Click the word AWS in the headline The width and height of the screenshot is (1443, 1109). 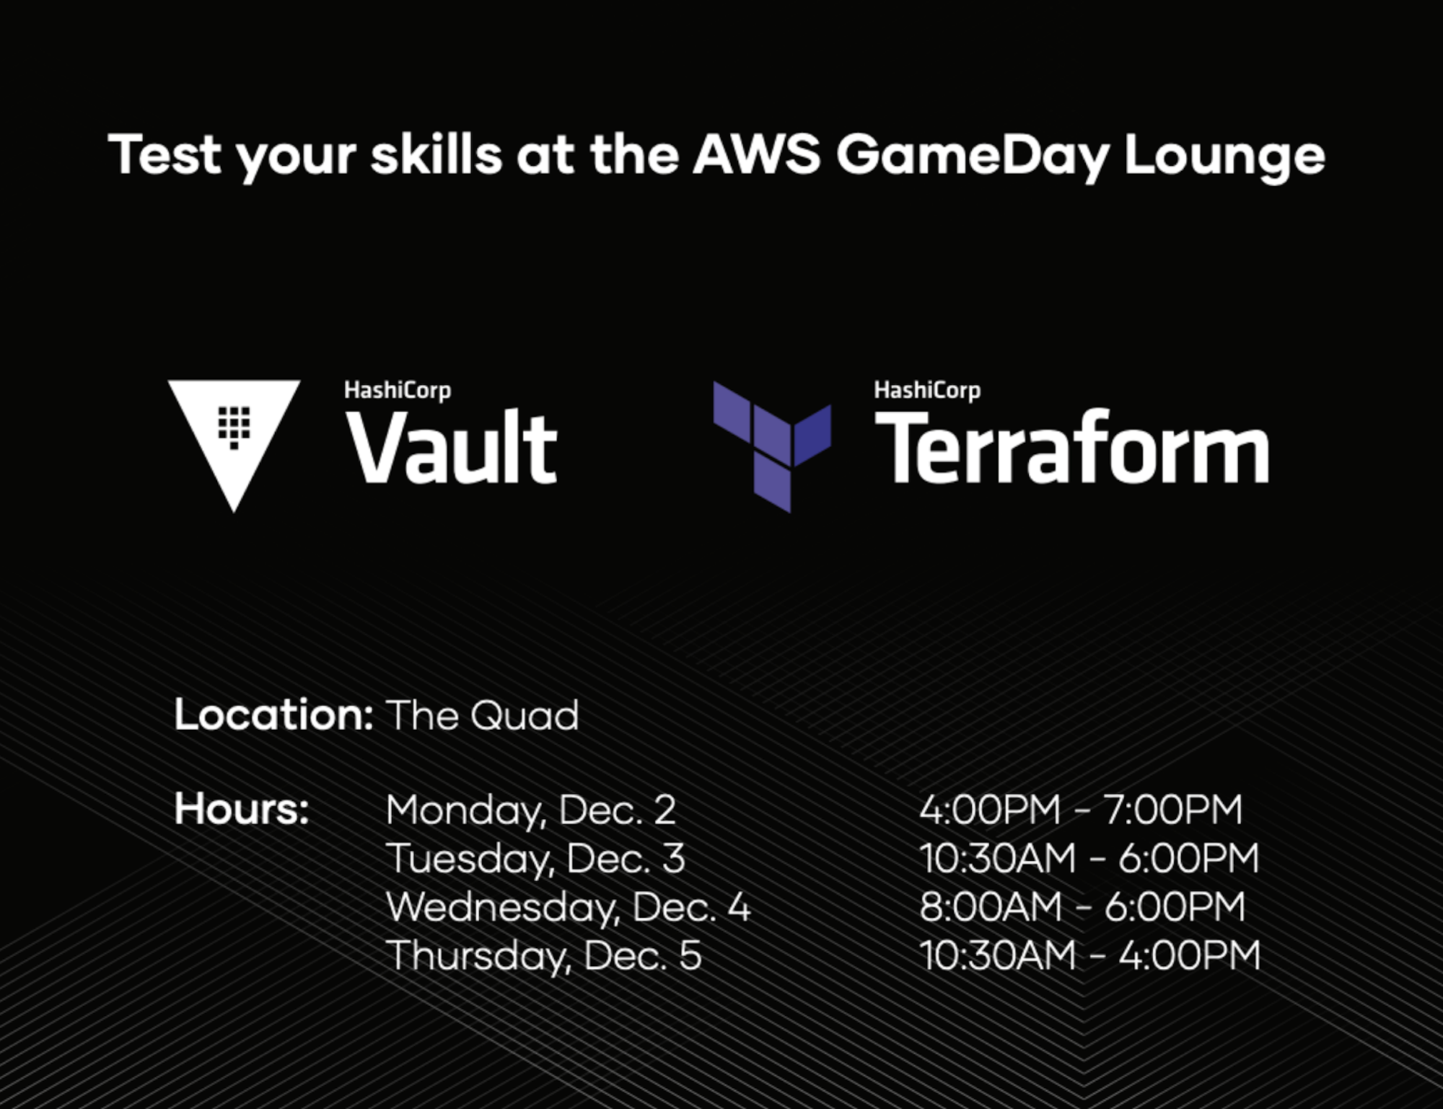pos(755,154)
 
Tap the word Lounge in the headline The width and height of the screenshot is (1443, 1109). pos(1224,157)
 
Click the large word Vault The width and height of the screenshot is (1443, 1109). pos(452,449)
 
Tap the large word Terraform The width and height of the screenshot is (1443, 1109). pos(1071,449)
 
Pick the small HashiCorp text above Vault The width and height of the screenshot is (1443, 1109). pos(397,390)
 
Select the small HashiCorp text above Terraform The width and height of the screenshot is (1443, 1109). pos(926,390)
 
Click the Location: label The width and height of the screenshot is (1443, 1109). pos(273,715)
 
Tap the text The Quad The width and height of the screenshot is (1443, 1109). pos(482,715)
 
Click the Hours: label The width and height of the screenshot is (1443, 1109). pos(242,808)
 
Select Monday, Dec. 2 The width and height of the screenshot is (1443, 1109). pos(531,810)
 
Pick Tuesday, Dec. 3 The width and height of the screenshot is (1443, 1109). pos(535,859)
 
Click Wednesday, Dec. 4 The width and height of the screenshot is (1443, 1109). pos(569,907)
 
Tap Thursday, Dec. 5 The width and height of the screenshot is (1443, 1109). pos(544,955)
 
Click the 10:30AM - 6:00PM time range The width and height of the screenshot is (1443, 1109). pos(1089,858)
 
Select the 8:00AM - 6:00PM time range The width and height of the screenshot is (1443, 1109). pos(1082,906)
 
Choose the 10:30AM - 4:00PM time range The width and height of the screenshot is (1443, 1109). pos(1089,955)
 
